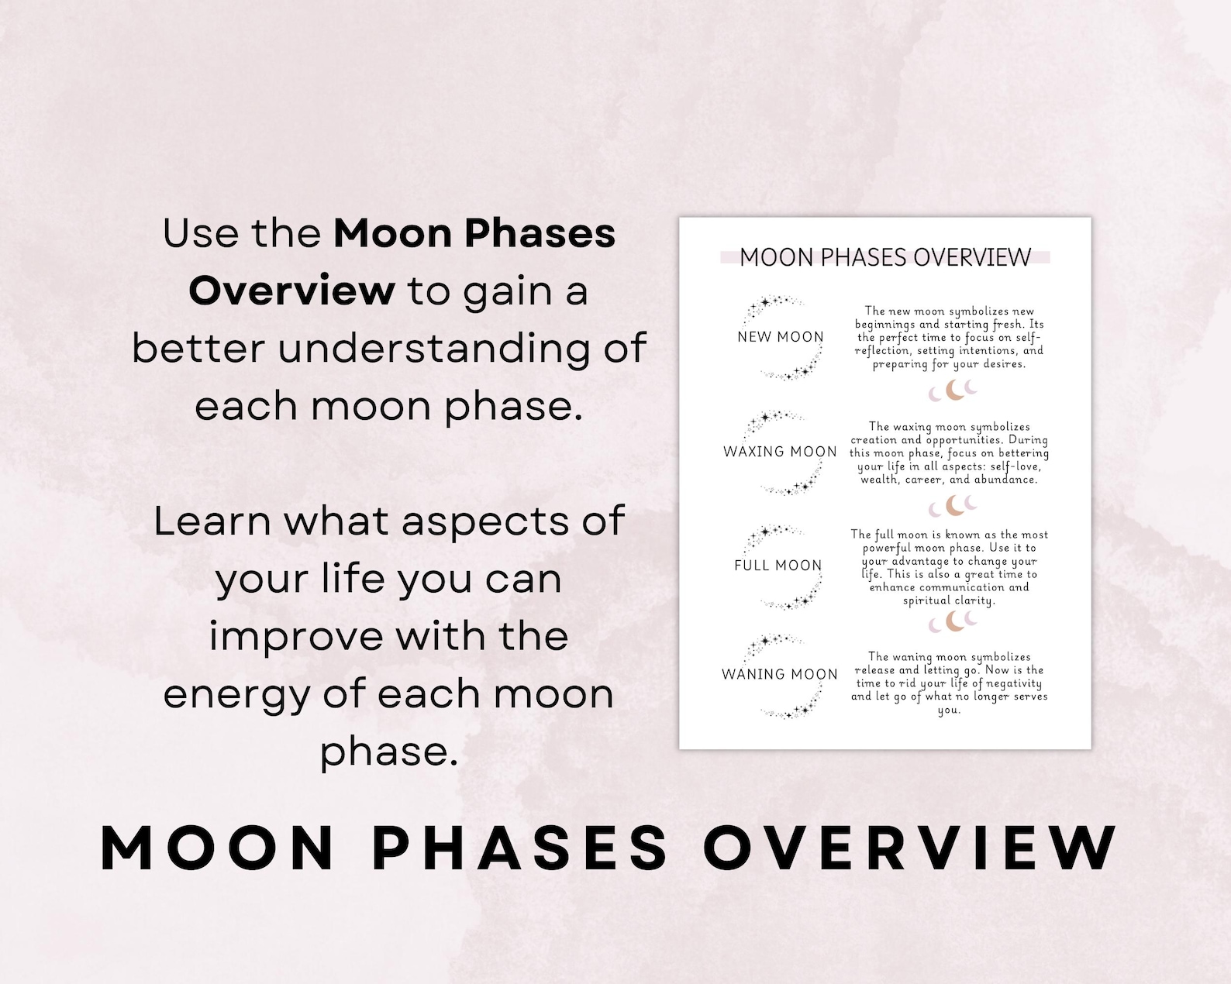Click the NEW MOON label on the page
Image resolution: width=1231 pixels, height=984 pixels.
(x=780, y=337)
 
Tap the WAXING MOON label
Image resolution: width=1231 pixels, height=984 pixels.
(x=780, y=452)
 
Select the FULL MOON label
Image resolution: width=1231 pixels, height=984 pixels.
(x=778, y=566)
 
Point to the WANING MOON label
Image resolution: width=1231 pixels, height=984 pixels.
(x=779, y=674)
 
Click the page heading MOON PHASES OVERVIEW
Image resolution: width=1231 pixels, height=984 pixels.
(x=885, y=257)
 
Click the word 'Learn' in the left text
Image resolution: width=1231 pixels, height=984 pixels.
(x=212, y=521)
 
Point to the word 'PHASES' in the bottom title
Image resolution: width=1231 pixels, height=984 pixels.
(x=519, y=847)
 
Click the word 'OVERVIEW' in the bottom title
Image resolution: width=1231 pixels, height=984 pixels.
(x=909, y=847)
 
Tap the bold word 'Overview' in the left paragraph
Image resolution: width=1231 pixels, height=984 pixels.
(x=291, y=291)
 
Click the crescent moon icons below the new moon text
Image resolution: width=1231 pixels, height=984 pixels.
(x=953, y=391)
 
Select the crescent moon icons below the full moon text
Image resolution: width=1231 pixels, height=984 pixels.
(x=953, y=621)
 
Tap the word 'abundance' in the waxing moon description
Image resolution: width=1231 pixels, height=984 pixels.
(x=1005, y=480)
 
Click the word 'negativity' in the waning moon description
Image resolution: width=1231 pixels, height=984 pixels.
(x=1014, y=683)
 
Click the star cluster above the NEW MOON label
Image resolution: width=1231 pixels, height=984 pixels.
(x=771, y=304)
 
